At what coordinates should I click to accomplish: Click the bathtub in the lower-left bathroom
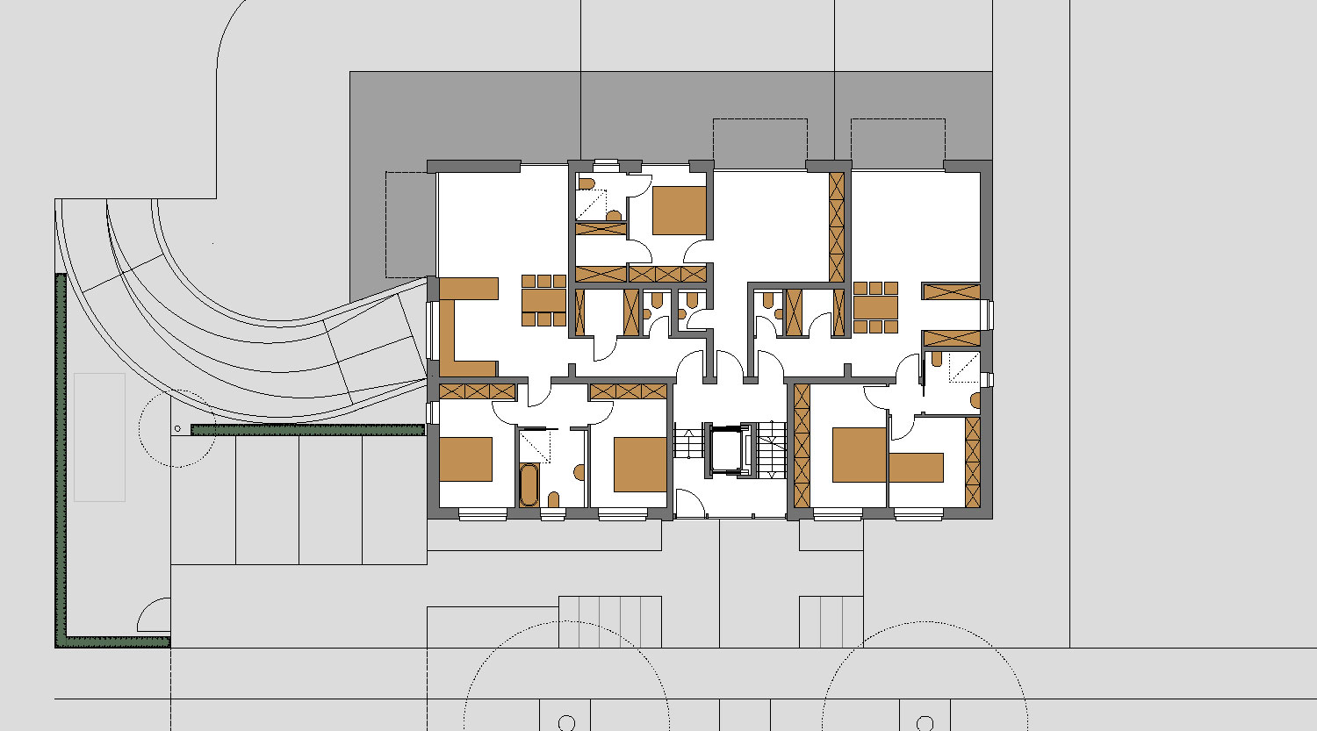pos(528,485)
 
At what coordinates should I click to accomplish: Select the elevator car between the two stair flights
pos(725,451)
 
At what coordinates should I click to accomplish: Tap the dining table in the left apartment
pos(544,301)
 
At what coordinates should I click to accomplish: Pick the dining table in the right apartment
pos(875,307)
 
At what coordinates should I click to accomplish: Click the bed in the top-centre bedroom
pos(679,210)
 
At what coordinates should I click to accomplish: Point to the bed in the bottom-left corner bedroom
pos(465,459)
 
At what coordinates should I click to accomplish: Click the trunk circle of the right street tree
pos(925,723)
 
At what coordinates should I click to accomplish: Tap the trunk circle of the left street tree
pos(566,723)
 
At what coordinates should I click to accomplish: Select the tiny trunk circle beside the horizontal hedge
pos(177,428)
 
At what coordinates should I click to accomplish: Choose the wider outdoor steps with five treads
pos(610,621)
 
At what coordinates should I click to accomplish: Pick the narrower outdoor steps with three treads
pos(831,621)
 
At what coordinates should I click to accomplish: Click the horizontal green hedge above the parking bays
pos(307,429)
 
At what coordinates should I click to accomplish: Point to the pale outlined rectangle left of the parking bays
pos(99,437)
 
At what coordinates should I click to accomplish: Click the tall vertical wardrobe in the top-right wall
pos(837,227)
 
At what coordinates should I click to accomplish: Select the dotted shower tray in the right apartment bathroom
pos(963,368)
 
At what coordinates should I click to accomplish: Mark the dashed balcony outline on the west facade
pos(410,222)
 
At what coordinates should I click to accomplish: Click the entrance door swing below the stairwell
pos(689,505)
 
